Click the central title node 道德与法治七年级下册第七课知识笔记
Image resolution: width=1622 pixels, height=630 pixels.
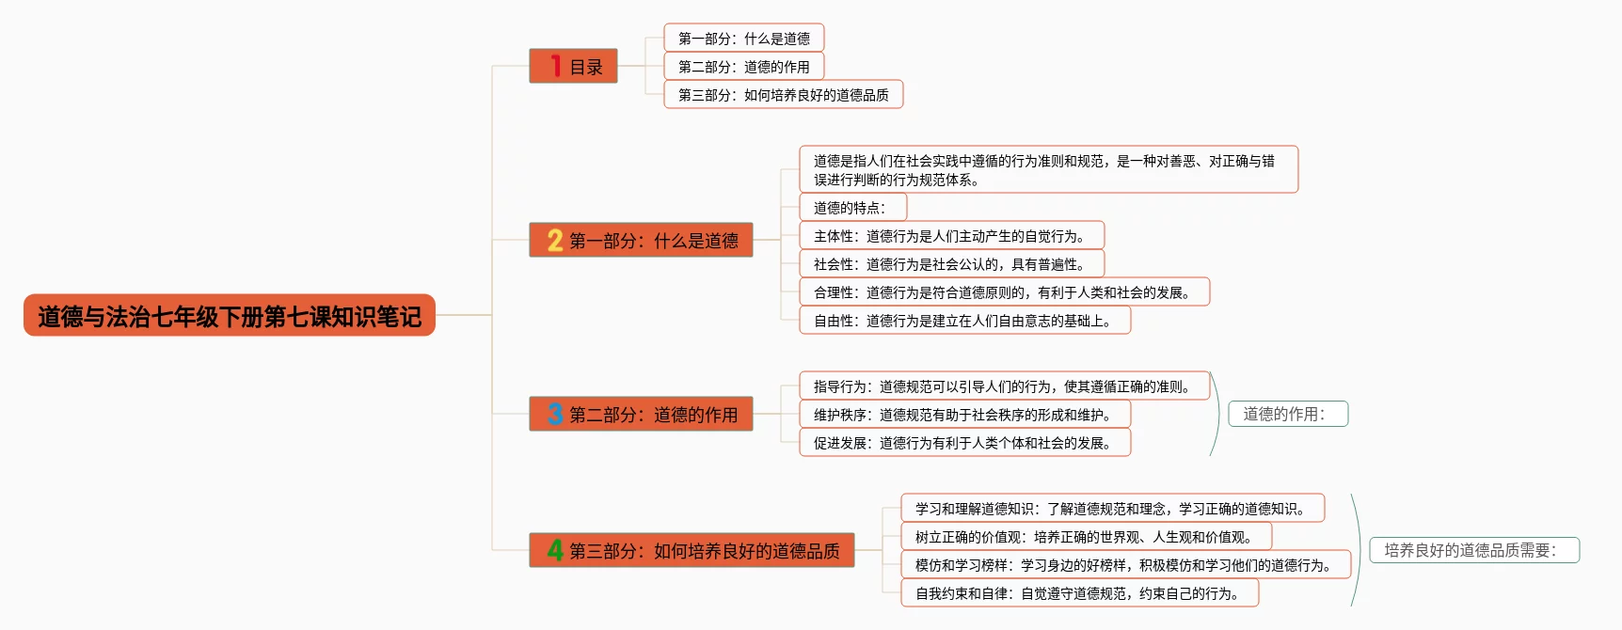pos(229,316)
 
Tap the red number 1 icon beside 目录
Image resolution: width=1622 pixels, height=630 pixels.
pos(556,66)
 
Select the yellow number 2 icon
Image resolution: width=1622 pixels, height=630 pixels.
pos(555,241)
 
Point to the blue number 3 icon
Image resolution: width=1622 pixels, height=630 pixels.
pos(555,414)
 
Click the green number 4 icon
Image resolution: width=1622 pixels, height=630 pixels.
pos(555,550)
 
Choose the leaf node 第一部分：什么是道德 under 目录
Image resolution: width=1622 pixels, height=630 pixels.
pos(743,39)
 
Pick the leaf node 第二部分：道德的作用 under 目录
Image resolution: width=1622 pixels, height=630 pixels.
pos(743,67)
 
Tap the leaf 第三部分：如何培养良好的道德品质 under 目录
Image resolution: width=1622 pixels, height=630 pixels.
pos(783,95)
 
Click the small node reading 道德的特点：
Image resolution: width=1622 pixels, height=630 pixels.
pos(852,208)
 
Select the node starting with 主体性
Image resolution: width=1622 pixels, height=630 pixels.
pos(951,236)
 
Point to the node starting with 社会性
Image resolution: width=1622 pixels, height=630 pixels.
pos(951,264)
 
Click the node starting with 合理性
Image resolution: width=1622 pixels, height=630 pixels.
pos(1004,292)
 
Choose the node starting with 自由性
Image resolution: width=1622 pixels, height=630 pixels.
pos(964,321)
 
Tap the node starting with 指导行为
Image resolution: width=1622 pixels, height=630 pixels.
pos(1004,386)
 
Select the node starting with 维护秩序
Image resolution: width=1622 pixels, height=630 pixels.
pos(964,415)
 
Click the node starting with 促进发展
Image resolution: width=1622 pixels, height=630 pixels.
pos(964,443)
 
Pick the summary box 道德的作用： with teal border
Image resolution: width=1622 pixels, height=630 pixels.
pos(1287,414)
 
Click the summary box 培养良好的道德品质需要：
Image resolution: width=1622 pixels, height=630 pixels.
pos(1473,550)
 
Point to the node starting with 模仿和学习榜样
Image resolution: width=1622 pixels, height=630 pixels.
pos(1125,565)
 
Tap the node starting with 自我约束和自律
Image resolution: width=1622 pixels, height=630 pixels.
pos(1079,593)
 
